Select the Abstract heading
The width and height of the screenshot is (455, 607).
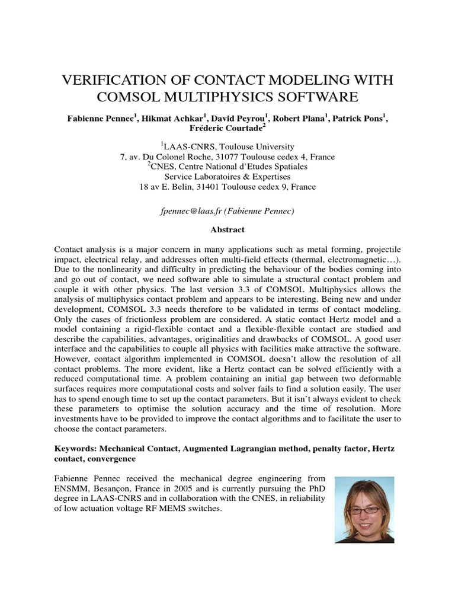coord(227,229)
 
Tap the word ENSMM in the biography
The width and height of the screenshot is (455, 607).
coord(71,488)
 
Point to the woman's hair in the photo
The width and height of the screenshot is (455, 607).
coord(364,490)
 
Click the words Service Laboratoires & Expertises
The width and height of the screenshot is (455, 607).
coord(227,177)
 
